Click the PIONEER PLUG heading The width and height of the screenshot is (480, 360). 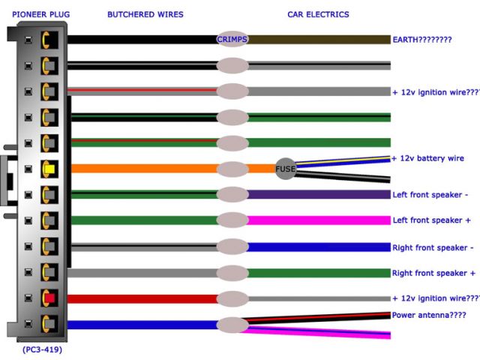point(37,14)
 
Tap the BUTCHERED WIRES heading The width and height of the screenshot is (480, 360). point(145,14)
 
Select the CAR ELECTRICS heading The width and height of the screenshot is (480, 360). point(318,14)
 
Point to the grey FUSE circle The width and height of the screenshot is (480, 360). point(285,169)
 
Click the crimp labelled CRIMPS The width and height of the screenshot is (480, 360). point(232,39)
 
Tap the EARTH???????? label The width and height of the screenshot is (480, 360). point(422,39)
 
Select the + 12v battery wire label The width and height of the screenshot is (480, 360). point(428,158)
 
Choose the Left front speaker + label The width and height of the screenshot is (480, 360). point(431,220)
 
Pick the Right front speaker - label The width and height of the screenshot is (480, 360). point(433,247)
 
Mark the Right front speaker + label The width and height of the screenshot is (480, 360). point(433,273)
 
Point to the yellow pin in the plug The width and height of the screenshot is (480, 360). point(50,169)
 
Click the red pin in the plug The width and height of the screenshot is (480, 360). point(50,299)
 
